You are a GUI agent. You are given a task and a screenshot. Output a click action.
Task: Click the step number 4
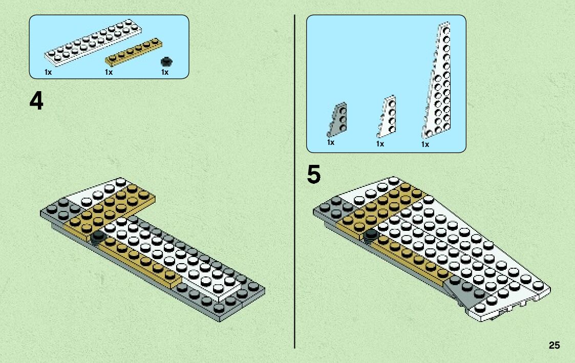point(36,101)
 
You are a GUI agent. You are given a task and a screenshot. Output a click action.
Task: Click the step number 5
point(314,175)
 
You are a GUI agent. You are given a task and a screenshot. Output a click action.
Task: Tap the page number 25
point(554,346)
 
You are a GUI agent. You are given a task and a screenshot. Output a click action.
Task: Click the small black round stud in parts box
point(165,61)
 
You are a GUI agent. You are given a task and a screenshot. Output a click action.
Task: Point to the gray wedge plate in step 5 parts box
point(337,119)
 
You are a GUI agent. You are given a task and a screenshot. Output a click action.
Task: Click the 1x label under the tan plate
point(109,73)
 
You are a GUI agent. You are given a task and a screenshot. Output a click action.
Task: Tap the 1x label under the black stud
point(164,73)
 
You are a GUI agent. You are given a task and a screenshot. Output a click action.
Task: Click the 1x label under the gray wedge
point(331,142)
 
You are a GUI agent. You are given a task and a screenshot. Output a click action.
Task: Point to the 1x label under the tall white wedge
point(425,145)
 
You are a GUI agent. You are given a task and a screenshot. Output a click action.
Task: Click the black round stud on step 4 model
point(98,236)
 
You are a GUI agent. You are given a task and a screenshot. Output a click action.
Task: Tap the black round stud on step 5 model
point(370,234)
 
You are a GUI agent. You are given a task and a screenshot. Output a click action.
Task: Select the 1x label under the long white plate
point(48,73)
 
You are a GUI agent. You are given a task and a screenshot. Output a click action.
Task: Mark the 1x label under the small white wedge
point(380,144)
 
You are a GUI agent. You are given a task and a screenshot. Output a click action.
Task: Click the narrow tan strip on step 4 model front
point(138,261)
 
